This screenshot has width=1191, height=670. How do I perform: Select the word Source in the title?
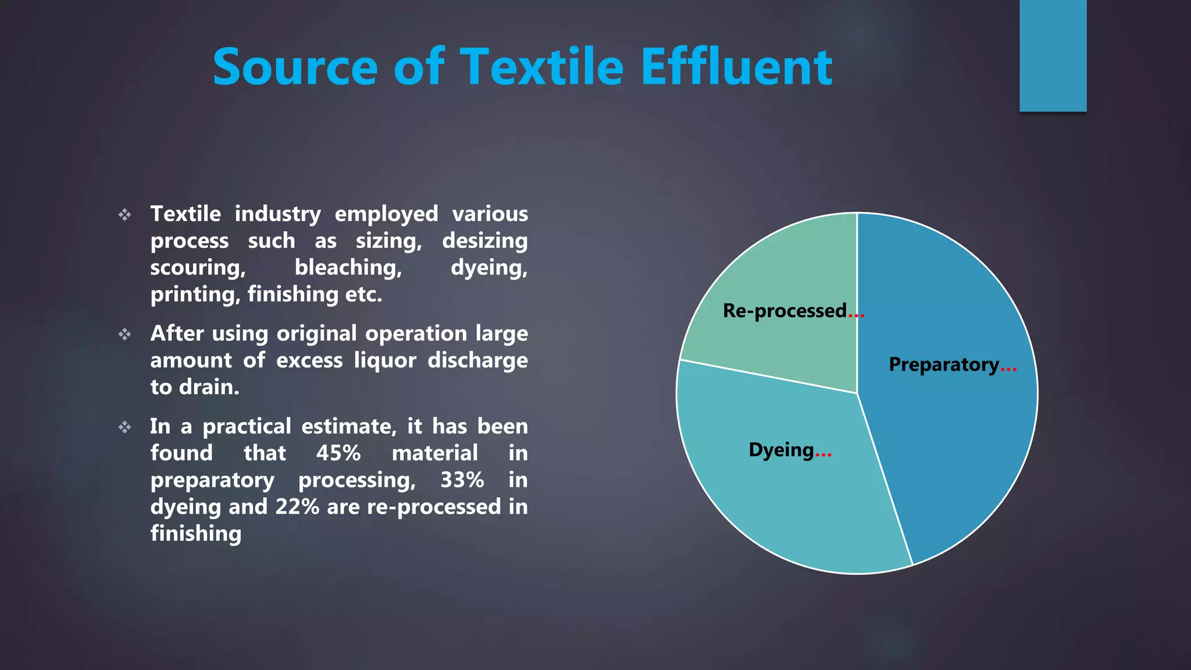295,67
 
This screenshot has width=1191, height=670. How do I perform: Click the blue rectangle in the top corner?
1053,55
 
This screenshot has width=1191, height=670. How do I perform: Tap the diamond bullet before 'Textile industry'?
125,215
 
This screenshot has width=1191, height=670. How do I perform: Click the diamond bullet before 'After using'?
125,334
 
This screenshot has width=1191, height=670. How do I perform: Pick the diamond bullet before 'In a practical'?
125,427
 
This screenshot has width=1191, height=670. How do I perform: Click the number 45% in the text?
338,453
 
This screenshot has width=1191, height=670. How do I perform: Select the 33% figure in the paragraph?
462,480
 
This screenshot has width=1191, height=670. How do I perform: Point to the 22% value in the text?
297,507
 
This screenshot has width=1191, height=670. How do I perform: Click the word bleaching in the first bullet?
348,268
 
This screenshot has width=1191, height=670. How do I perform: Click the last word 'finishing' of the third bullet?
196,534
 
